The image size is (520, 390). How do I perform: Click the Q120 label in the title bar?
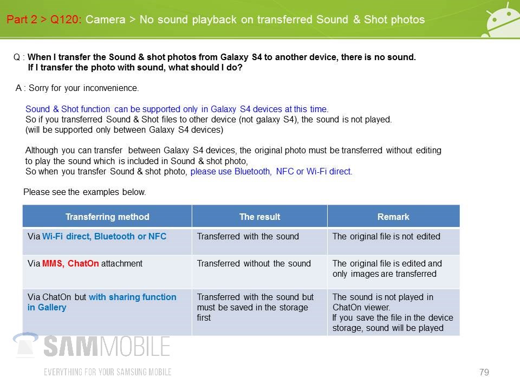66,19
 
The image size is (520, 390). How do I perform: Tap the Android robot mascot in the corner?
501,21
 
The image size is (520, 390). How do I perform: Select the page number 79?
484,372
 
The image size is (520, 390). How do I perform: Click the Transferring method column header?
107,217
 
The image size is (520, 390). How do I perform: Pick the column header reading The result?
259,217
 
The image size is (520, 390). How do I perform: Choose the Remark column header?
393,217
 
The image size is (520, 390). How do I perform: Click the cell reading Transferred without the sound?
253,263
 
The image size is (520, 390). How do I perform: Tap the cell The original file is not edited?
386,237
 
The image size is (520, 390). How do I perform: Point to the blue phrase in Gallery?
47,308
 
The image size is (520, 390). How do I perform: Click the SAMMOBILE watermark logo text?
107,347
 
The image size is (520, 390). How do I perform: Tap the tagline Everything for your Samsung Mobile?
107,372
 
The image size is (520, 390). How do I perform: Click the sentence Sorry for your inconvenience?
83,88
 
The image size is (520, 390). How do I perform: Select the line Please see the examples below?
84,192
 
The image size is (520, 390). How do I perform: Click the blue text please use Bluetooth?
230,172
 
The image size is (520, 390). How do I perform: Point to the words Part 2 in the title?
22,19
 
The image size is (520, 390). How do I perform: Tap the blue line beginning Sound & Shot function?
177,109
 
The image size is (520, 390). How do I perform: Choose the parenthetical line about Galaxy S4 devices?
125,129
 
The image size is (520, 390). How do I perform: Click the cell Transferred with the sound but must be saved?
255,308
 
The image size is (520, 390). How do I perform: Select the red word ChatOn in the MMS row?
83,263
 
